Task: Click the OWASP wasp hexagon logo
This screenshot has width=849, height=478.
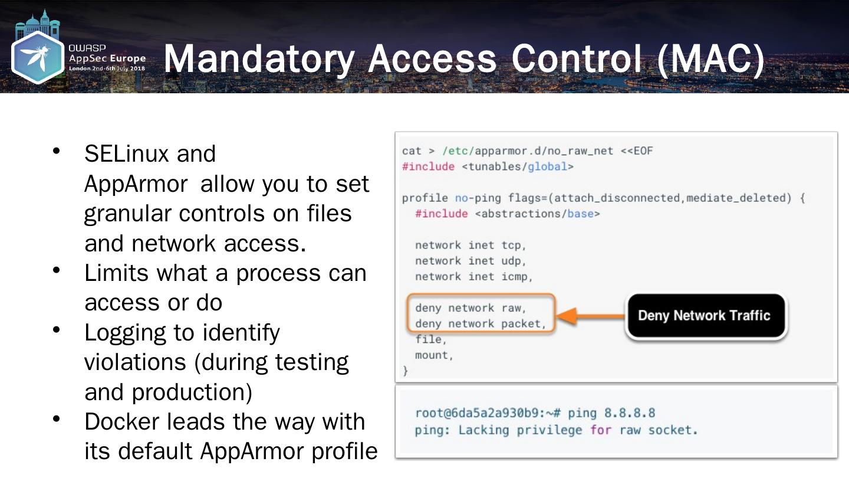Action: coord(38,57)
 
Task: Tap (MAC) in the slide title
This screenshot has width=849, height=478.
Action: coord(710,59)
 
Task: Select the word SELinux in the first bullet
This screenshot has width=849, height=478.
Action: coord(127,154)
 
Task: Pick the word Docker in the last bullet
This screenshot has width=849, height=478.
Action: coord(121,421)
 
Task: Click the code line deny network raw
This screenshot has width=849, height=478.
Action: coord(470,308)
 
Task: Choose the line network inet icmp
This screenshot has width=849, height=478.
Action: coord(473,276)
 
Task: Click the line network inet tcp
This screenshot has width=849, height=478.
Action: coord(470,245)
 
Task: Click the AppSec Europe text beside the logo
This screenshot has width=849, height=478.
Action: coord(107,58)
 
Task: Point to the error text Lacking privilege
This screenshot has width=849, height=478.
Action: coord(512,430)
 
